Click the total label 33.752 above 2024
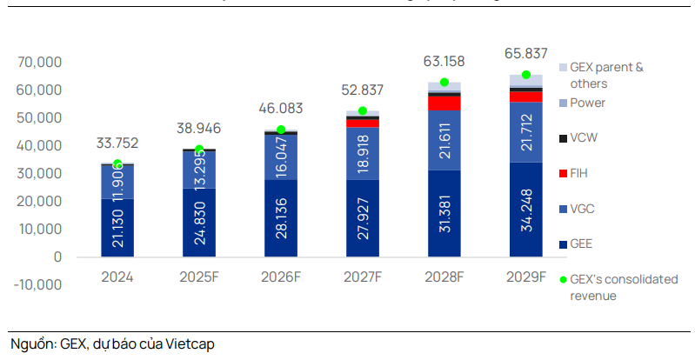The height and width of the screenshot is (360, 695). (117, 143)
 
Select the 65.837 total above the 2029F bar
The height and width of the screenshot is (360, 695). (526, 54)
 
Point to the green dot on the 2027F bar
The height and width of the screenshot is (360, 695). (363, 111)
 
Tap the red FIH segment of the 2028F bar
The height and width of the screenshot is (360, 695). (444, 103)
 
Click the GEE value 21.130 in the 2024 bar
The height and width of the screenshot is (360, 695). (117, 228)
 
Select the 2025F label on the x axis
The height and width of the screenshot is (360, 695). (198, 277)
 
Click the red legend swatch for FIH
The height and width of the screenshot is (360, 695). (563, 173)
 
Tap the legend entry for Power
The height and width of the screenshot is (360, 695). (587, 103)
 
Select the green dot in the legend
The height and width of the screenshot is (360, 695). (563, 279)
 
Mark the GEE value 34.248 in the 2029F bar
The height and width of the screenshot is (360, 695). (526, 210)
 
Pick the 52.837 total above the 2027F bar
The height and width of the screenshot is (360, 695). (363, 90)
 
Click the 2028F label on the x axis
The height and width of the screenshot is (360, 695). (444, 277)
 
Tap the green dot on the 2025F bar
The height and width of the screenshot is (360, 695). (199, 150)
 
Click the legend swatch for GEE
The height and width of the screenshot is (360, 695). (563, 244)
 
